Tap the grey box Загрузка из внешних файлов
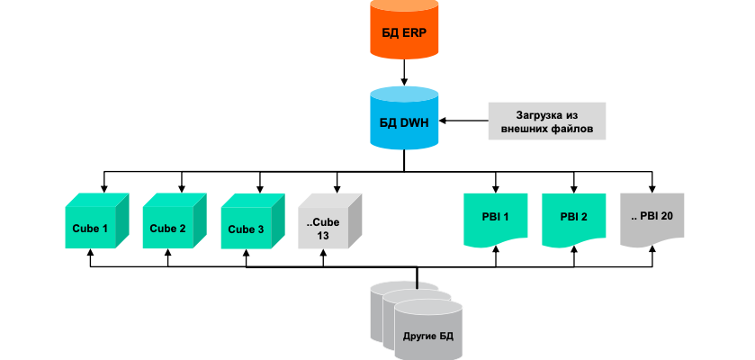(546, 121)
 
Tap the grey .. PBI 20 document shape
(651, 219)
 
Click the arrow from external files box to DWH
(467, 120)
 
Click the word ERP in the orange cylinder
(415, 36)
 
